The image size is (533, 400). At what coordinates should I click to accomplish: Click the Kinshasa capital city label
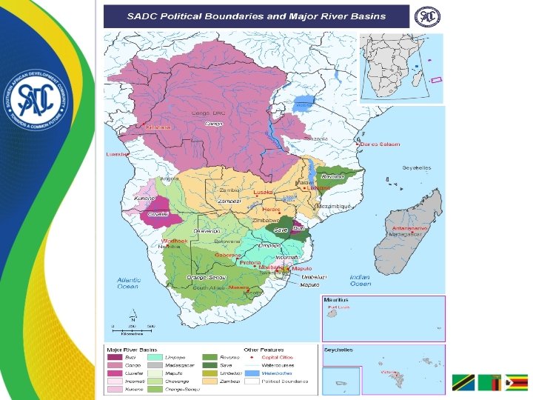[158, 127]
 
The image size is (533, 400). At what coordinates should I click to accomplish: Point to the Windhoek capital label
[174, 241]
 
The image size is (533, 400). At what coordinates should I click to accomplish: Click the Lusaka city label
[263, 192]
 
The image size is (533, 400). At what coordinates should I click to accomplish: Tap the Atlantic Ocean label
[127, 283]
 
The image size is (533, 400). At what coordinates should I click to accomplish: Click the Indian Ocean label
[360, 279]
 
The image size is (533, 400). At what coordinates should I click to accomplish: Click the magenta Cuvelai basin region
[158, 215]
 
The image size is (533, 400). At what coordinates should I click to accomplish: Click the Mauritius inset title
[336, 301]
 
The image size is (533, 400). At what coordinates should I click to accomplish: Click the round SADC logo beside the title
[426, 16]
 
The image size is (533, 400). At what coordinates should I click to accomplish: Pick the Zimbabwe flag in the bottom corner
[515, 383]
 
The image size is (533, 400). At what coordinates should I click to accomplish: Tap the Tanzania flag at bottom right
[463, 383]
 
